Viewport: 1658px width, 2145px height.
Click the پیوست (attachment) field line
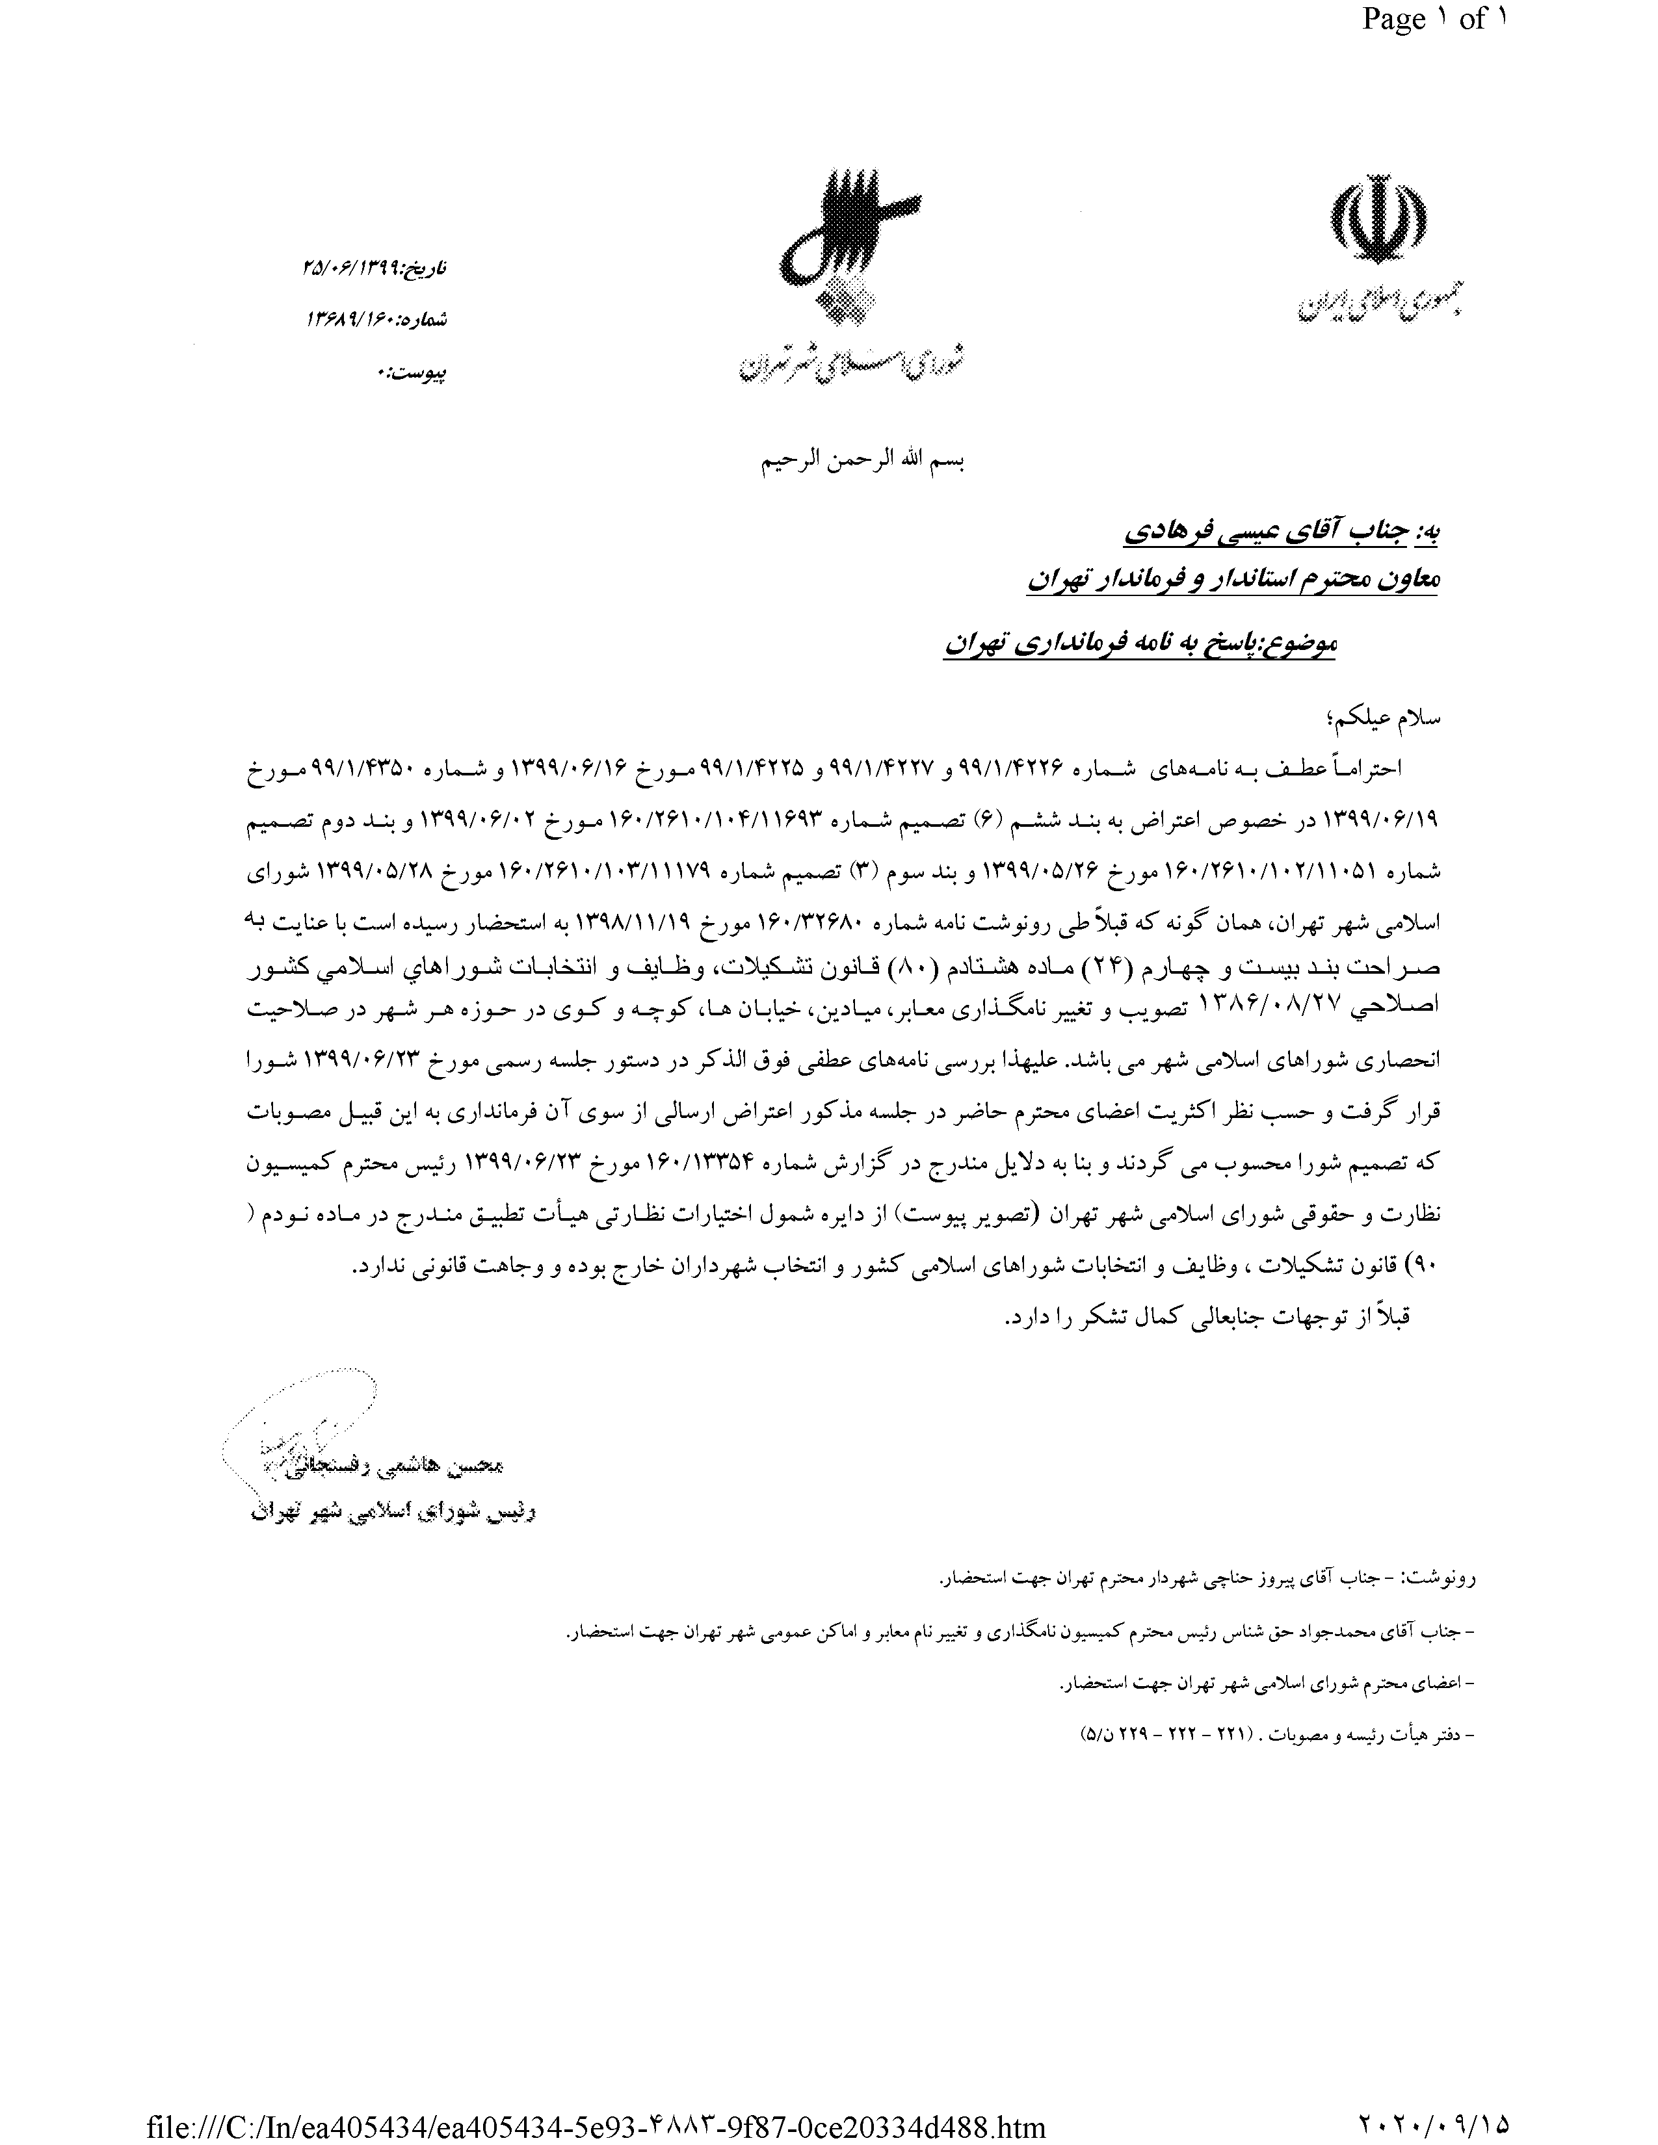[412, 372]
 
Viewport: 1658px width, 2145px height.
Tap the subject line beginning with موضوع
[1139, 643]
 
